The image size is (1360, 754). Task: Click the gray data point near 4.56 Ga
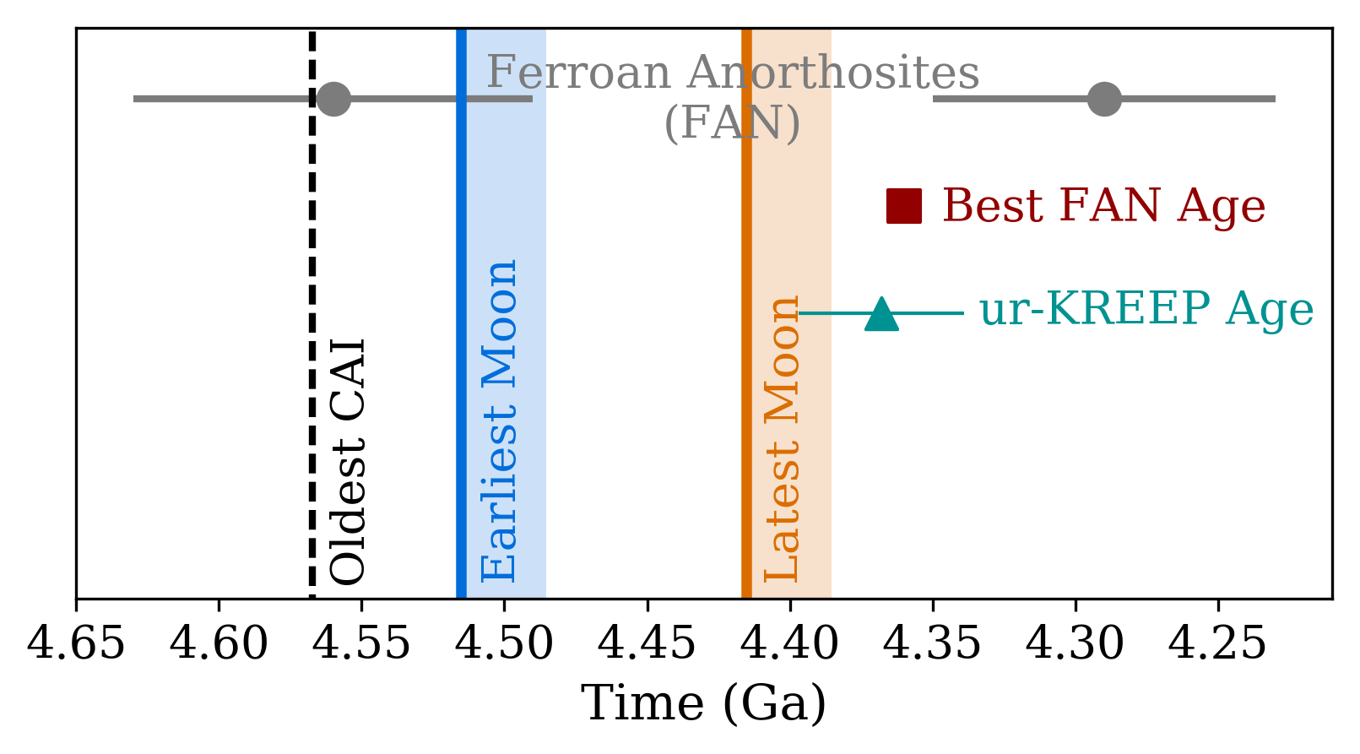pyautogui.click(x=333, y=99)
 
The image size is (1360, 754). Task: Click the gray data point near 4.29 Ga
pyautogui.click(x=1104, y=99)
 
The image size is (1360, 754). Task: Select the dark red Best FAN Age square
pyautogui.click(x=903, y=206)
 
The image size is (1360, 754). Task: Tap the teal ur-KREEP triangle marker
pyautogui.click(x=881, y=314)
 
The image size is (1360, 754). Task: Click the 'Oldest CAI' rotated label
pyautogui.click(x=348, y=462)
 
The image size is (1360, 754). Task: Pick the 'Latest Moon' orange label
pyautogui.click(x=782, y=439)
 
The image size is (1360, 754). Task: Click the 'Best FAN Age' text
pyautogui.click(x=1103, y=205)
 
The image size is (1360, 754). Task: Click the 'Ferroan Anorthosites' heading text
pyautogui.click(x=733, y=73)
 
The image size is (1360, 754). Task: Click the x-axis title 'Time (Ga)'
pyautogui.click(x=703, y=703)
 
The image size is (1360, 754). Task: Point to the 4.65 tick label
pyautogui.click(x=76, y=644)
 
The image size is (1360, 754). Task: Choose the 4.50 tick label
pyautogui.click(x=505, y=644)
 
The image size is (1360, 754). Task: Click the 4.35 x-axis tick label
pyautogui.click(x=933, y=644)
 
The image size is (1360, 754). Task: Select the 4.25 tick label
pyautogui.click(x=1218, y=644)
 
